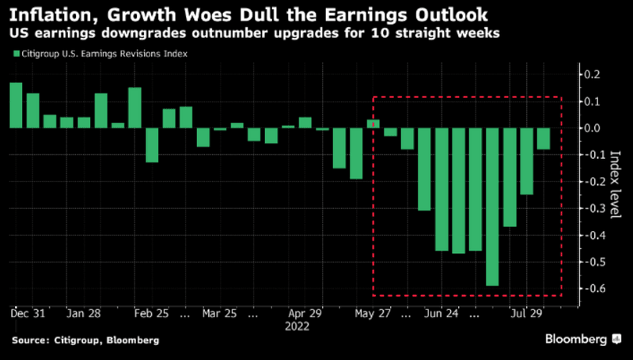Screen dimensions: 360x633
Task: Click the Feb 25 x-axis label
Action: [153, 313]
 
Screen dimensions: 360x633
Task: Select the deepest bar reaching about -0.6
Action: [492, 206]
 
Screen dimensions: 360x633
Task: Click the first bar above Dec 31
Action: [16, 104]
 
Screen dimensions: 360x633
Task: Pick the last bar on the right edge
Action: [544, 138]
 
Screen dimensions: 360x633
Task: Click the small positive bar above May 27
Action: [373, 123]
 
